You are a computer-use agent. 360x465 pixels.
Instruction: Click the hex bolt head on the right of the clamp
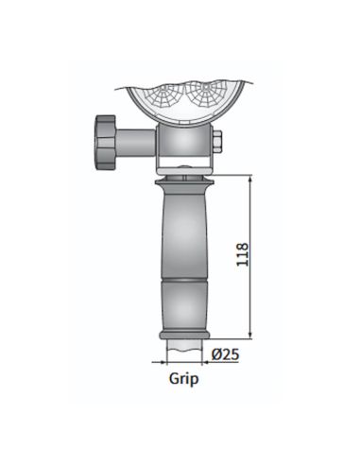218,144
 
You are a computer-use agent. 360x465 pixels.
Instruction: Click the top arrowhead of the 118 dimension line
250,178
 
